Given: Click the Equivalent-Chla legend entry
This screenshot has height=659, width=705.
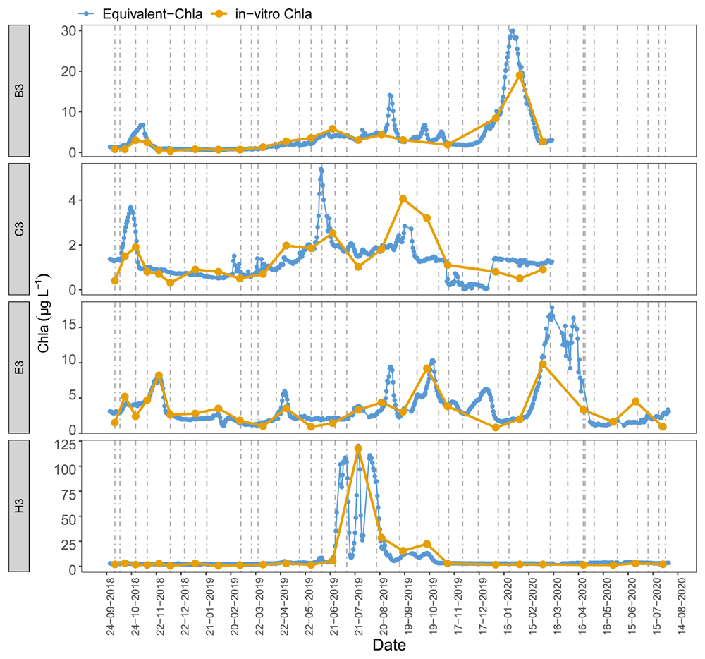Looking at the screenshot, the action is point(141,14).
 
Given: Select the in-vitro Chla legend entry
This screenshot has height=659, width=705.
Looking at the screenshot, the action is point(262,14).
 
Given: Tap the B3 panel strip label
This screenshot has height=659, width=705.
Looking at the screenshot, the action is point(19,90).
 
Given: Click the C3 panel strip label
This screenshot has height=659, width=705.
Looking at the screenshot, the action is point(19,229).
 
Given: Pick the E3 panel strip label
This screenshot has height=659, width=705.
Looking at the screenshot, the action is point(19,368).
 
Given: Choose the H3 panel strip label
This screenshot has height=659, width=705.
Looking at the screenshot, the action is point(19,506).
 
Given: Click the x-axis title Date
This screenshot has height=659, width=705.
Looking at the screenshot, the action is point(389,645).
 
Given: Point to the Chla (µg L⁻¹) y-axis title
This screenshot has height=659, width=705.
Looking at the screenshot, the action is point(44,313).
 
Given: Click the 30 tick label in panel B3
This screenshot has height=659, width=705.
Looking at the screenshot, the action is point(68,30).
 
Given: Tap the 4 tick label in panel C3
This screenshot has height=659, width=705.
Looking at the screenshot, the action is point(73,200).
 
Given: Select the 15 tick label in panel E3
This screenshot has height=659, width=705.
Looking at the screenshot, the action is point(68,327).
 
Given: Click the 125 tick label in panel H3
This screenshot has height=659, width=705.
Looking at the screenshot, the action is point(65,446).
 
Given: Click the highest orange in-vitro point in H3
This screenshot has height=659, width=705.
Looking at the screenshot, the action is point(358,449).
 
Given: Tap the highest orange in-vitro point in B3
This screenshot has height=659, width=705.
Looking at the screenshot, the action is point(520,75).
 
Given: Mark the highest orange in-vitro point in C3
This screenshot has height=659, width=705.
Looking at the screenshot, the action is point(403,199).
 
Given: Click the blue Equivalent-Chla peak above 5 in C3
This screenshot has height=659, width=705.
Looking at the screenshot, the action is point(321,170).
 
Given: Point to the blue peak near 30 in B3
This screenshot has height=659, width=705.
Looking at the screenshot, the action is point(512,31).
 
